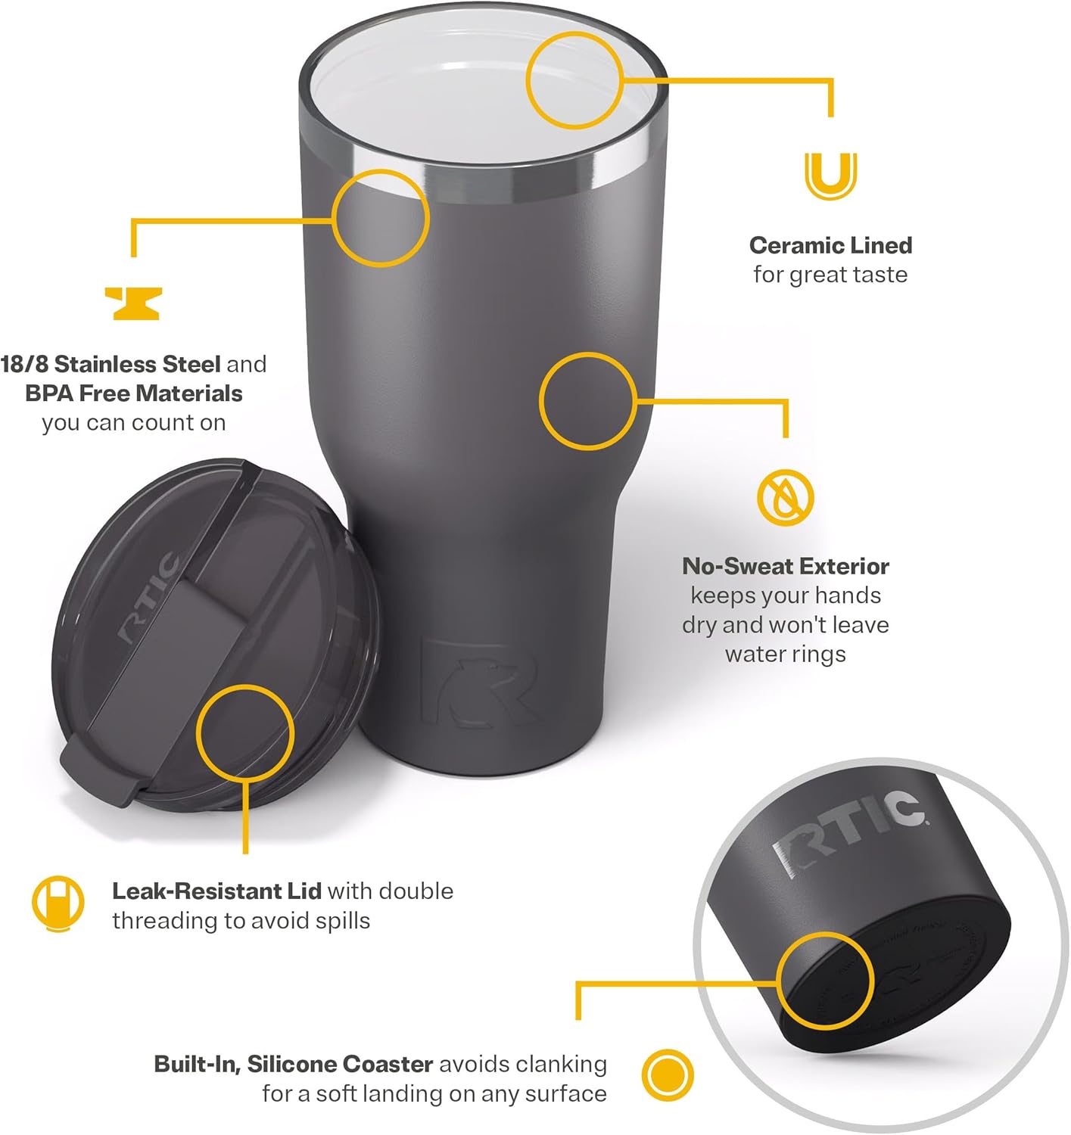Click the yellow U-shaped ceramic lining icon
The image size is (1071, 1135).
point(830,176)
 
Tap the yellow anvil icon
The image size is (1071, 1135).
point(132,303)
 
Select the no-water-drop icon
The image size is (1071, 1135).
point(786,498)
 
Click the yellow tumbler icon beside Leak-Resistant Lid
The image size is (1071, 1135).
point(58,903)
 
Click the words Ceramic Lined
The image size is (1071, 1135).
point(830,245)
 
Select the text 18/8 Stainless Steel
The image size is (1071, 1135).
point(111,364)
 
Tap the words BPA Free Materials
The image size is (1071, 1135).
point(134,393)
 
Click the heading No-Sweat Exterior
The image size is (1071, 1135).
point(786,566)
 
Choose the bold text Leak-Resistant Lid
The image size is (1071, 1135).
point(216,891)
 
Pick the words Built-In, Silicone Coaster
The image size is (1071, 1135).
point(293,1064)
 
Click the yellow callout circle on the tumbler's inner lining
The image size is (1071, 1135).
point(574,80)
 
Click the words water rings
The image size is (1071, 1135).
point(786,654)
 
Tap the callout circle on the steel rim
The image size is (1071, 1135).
point(381,218)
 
